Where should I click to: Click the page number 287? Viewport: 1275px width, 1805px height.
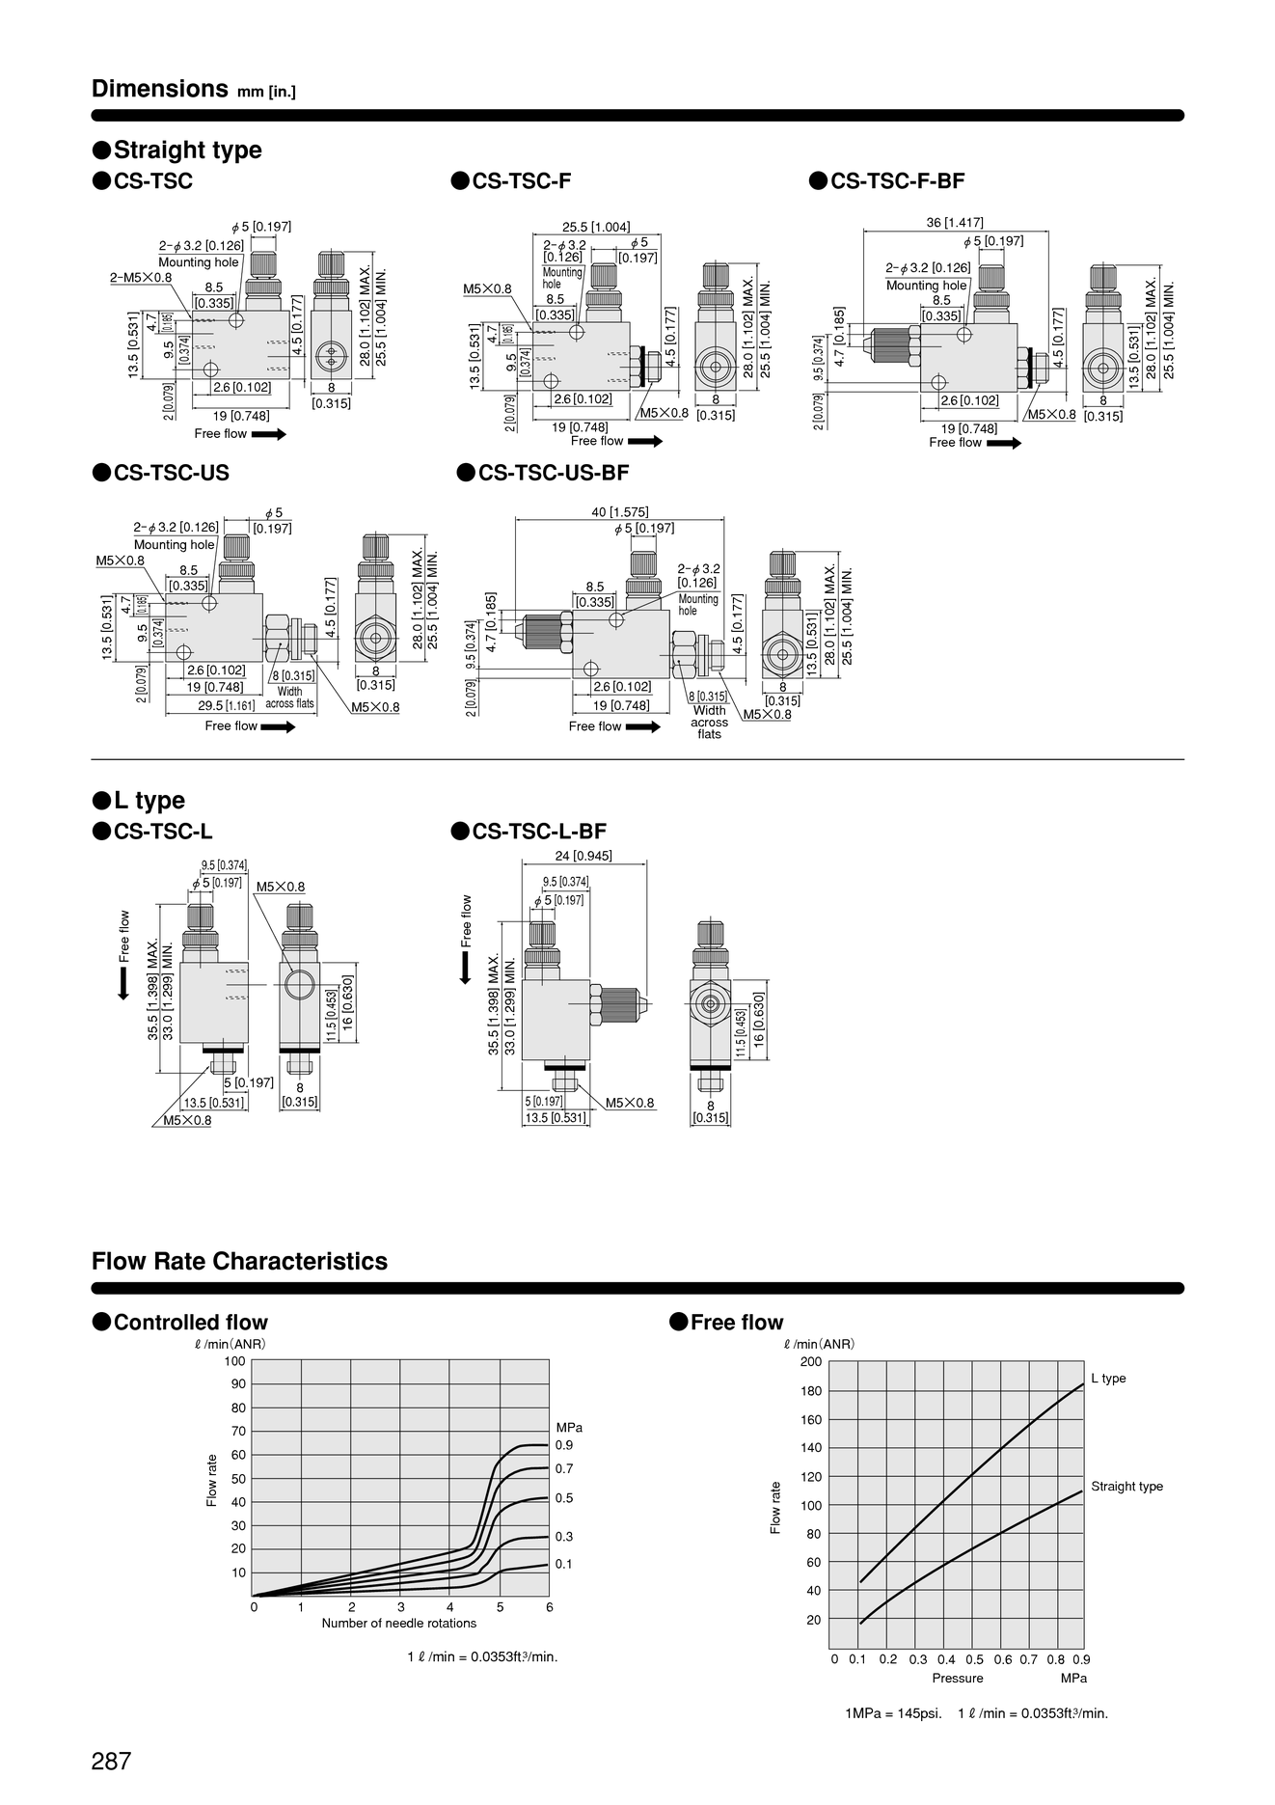pyautogui.click(x=111, y=1761)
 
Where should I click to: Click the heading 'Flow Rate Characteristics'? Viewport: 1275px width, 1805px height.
pyautogui.click(x=239, y=1261)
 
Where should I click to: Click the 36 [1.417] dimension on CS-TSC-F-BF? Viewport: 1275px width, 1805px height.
pyautogui.click(x=955, y=223)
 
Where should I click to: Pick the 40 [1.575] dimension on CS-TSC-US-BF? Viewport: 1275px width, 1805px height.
pyautogui.click(x=620, y=512)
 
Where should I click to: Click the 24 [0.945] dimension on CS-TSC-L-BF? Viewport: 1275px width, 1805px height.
pyautogui.click(x=583, y=856)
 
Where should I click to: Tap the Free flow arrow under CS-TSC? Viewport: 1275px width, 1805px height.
pyautogui.click(x=269, y=434)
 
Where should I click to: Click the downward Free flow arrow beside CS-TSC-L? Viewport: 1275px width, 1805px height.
pyautogui.click(x=123, y=985)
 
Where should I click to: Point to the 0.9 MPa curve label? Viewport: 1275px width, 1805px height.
pyautogui.click(x=564, y=1445)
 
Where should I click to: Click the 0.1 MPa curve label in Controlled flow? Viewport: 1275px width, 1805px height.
pyautogui.click(x=564, y=1564)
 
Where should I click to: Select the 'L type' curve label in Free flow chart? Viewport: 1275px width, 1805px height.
pyautogui.click(x=1108, y=1379)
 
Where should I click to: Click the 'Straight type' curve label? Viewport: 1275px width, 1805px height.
pyautogui.click(x=1126, y=1487)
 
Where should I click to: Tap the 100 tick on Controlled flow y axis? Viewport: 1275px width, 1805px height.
pyautogui.click(x=235, y=1361)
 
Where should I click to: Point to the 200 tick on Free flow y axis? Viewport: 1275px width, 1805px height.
pyautogui.click(x=811, y=1361)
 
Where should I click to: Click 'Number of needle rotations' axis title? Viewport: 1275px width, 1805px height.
pyautogui.click(x=399, y=1623)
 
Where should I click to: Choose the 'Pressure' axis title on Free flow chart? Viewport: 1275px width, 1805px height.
pyautogui.click(x=958, y=1678)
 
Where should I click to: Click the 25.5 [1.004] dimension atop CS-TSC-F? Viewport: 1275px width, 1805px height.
pyautogui.click(x=596, y=227)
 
